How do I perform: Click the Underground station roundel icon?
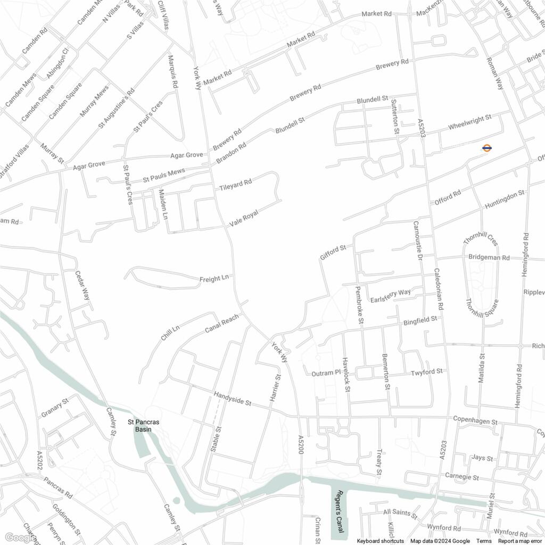pos(486,148)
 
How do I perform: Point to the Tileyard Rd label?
pos(235,185)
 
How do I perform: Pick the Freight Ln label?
pos(214,278)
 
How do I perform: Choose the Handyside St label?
pos(233,399)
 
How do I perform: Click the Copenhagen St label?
pos(475,420)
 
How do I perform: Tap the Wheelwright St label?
pos(470,123)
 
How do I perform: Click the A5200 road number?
pos(301,444)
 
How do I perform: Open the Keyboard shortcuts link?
pos(380,541)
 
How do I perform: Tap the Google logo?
pos(18,538)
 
